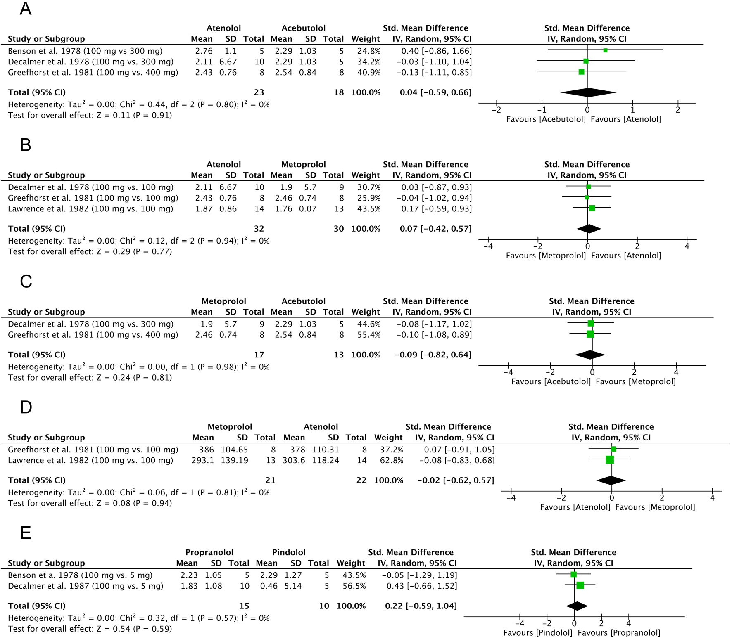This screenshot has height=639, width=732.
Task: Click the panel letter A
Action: click(26, 9)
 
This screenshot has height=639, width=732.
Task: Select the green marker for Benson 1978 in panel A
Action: click(605, 50)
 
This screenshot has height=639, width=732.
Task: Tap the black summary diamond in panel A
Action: click(588, 92)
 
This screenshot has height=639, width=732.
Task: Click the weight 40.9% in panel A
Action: click(366, 72)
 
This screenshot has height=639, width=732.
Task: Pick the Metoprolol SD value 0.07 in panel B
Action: click(308, 209)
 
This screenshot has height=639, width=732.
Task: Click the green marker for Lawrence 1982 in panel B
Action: click(592, 208)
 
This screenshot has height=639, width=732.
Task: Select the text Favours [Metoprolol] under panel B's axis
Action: click(546, 256)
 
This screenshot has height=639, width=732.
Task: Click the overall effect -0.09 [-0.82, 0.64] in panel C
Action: click(433, 355)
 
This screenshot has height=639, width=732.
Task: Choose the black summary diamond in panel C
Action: click(590, 355)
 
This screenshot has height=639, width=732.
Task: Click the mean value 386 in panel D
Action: click(207, 450)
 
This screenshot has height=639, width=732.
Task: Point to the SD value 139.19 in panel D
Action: click(235, 460)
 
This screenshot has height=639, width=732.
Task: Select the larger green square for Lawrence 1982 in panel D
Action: click(609, 459)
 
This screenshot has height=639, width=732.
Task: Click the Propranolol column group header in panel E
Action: click(209, 552)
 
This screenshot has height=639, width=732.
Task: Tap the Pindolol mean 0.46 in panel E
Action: click(269, 586)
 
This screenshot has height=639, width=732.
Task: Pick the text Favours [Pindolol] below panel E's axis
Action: click(537, 633)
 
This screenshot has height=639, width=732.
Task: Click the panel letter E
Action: click(26, 533)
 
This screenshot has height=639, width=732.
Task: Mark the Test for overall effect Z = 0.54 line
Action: click(90, 629)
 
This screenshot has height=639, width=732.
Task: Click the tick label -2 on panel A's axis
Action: click(497, 110)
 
